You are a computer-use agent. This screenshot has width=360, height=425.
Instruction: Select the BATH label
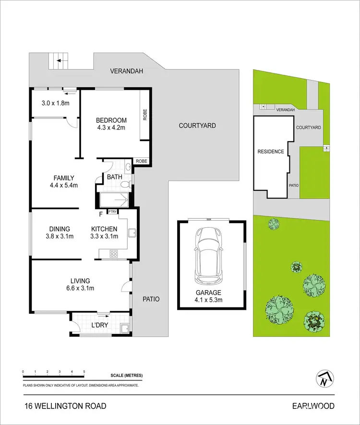(114, 177)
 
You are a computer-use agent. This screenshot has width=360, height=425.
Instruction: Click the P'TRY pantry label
(112, 212)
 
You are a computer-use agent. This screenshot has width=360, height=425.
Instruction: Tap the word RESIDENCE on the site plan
(271, 152)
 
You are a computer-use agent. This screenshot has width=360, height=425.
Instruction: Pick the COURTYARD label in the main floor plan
(197, 126)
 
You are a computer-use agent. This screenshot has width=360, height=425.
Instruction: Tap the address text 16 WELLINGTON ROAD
(65, 406)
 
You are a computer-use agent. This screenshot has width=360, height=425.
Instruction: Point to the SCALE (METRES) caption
(127, 375)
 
